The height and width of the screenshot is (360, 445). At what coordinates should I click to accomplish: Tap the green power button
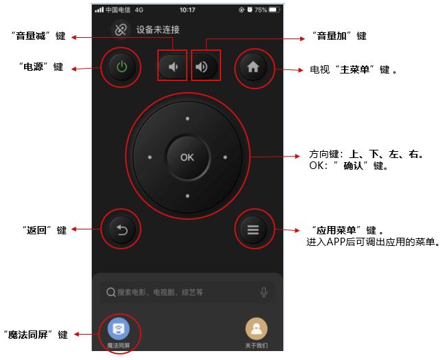point(122,67)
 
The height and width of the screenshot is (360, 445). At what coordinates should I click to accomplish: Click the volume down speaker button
point(172,67)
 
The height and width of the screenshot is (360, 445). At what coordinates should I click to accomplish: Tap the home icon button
point(253,67)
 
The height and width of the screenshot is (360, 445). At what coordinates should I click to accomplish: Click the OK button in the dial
point(187,157)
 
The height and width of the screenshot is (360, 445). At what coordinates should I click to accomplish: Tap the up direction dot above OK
point(187,118)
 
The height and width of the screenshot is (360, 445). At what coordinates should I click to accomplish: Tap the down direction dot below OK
point(187,196)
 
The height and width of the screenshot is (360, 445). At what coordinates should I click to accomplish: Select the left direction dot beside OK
point(150,157)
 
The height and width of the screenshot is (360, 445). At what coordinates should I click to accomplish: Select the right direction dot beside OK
point(225,157)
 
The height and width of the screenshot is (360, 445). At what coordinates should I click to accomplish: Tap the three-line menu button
point(253,229)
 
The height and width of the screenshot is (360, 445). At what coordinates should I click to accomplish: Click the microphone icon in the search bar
point(264,292)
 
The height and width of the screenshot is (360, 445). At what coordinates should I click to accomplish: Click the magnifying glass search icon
point(111,292)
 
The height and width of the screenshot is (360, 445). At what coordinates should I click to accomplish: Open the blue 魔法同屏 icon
point(119,329)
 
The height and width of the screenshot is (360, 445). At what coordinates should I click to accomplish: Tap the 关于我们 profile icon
point(257,329)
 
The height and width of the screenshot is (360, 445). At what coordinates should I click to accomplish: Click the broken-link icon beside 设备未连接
point(121,30)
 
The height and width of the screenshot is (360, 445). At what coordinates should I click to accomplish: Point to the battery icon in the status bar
point(274,10)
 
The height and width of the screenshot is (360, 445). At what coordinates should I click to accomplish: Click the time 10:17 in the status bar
point(187,10)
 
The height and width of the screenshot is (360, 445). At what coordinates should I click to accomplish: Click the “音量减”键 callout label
point(39,36)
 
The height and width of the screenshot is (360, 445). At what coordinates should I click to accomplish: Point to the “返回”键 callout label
point(45,230)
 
